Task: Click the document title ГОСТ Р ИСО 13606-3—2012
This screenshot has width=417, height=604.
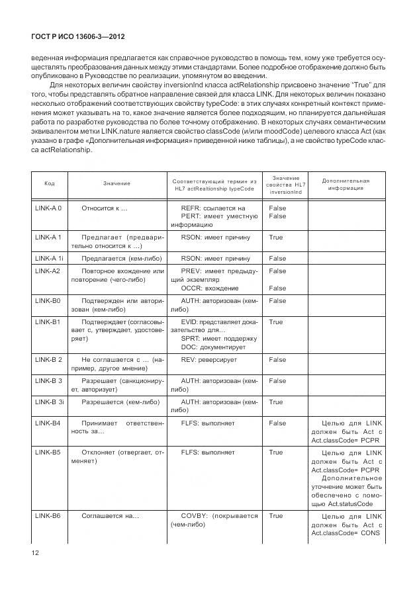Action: (74, 39)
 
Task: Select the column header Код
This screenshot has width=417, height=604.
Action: (49, 183)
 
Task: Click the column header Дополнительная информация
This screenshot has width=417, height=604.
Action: (346, 183)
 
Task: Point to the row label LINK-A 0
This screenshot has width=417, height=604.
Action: (48, 208)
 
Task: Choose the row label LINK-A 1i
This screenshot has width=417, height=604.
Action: (49, 258)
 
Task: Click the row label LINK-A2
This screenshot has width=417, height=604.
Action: (47, 271)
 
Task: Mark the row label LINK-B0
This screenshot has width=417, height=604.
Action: (47, 300)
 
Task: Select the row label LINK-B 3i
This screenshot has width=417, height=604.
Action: (49, 402)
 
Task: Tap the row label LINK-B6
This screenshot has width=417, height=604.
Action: (47, 515)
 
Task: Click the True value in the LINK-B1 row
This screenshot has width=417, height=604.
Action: (275, 322)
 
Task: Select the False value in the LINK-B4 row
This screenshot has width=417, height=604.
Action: (277, 423)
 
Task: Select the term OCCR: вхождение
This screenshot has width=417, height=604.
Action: (210, 288)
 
